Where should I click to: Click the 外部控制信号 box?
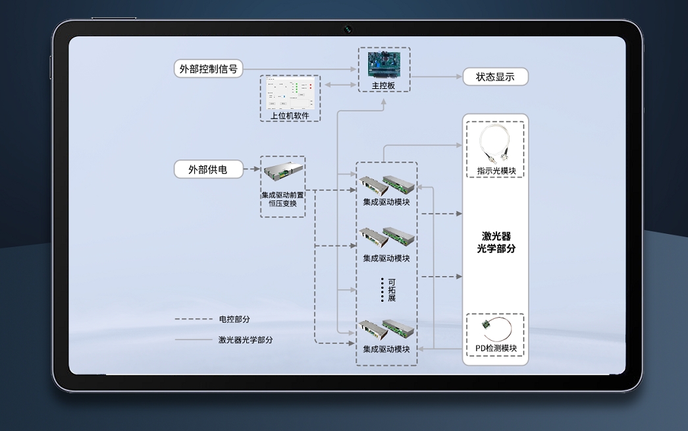[209, 69]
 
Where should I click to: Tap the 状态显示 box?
[495, 77]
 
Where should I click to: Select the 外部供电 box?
[209, 169]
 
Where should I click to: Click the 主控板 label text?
[383, 86]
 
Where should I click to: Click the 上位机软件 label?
[290, 115]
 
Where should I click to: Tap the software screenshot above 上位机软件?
[290, 94]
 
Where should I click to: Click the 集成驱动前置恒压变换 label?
[282, 199]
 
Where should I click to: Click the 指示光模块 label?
[496, 171]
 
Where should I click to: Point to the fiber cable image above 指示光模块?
[495, 144]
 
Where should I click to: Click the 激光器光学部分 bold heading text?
[496, 242]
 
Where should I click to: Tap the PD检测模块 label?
[496, 348]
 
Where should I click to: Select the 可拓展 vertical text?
[392, 290]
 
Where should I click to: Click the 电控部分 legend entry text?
[234, 320]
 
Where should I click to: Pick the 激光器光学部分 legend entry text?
[246, 339]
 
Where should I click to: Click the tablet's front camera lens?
[348, 30]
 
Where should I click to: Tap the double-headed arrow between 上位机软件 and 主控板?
[340, 84]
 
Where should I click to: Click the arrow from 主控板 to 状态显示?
[437, 77]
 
